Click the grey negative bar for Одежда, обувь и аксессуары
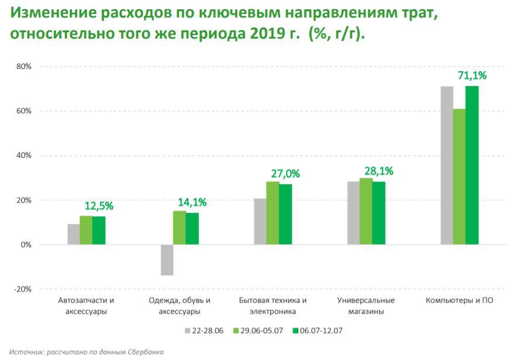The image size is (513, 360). click(167, 260)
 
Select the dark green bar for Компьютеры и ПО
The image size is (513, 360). click(472, 165)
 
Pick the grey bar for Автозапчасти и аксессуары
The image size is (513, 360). click(73, 234)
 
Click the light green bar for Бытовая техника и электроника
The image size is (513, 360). click(273, 213)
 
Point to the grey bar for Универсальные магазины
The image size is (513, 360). click(353, 213)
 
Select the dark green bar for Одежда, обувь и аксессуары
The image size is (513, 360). click(192, 229)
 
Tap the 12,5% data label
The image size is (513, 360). click(99, 206)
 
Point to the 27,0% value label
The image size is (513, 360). click(285, 174)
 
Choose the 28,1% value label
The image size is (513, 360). click(378, 171)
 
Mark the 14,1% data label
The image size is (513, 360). click(192, 202)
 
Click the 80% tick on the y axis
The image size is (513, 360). click(24, 67)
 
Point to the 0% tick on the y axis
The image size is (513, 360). click(26, 245)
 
